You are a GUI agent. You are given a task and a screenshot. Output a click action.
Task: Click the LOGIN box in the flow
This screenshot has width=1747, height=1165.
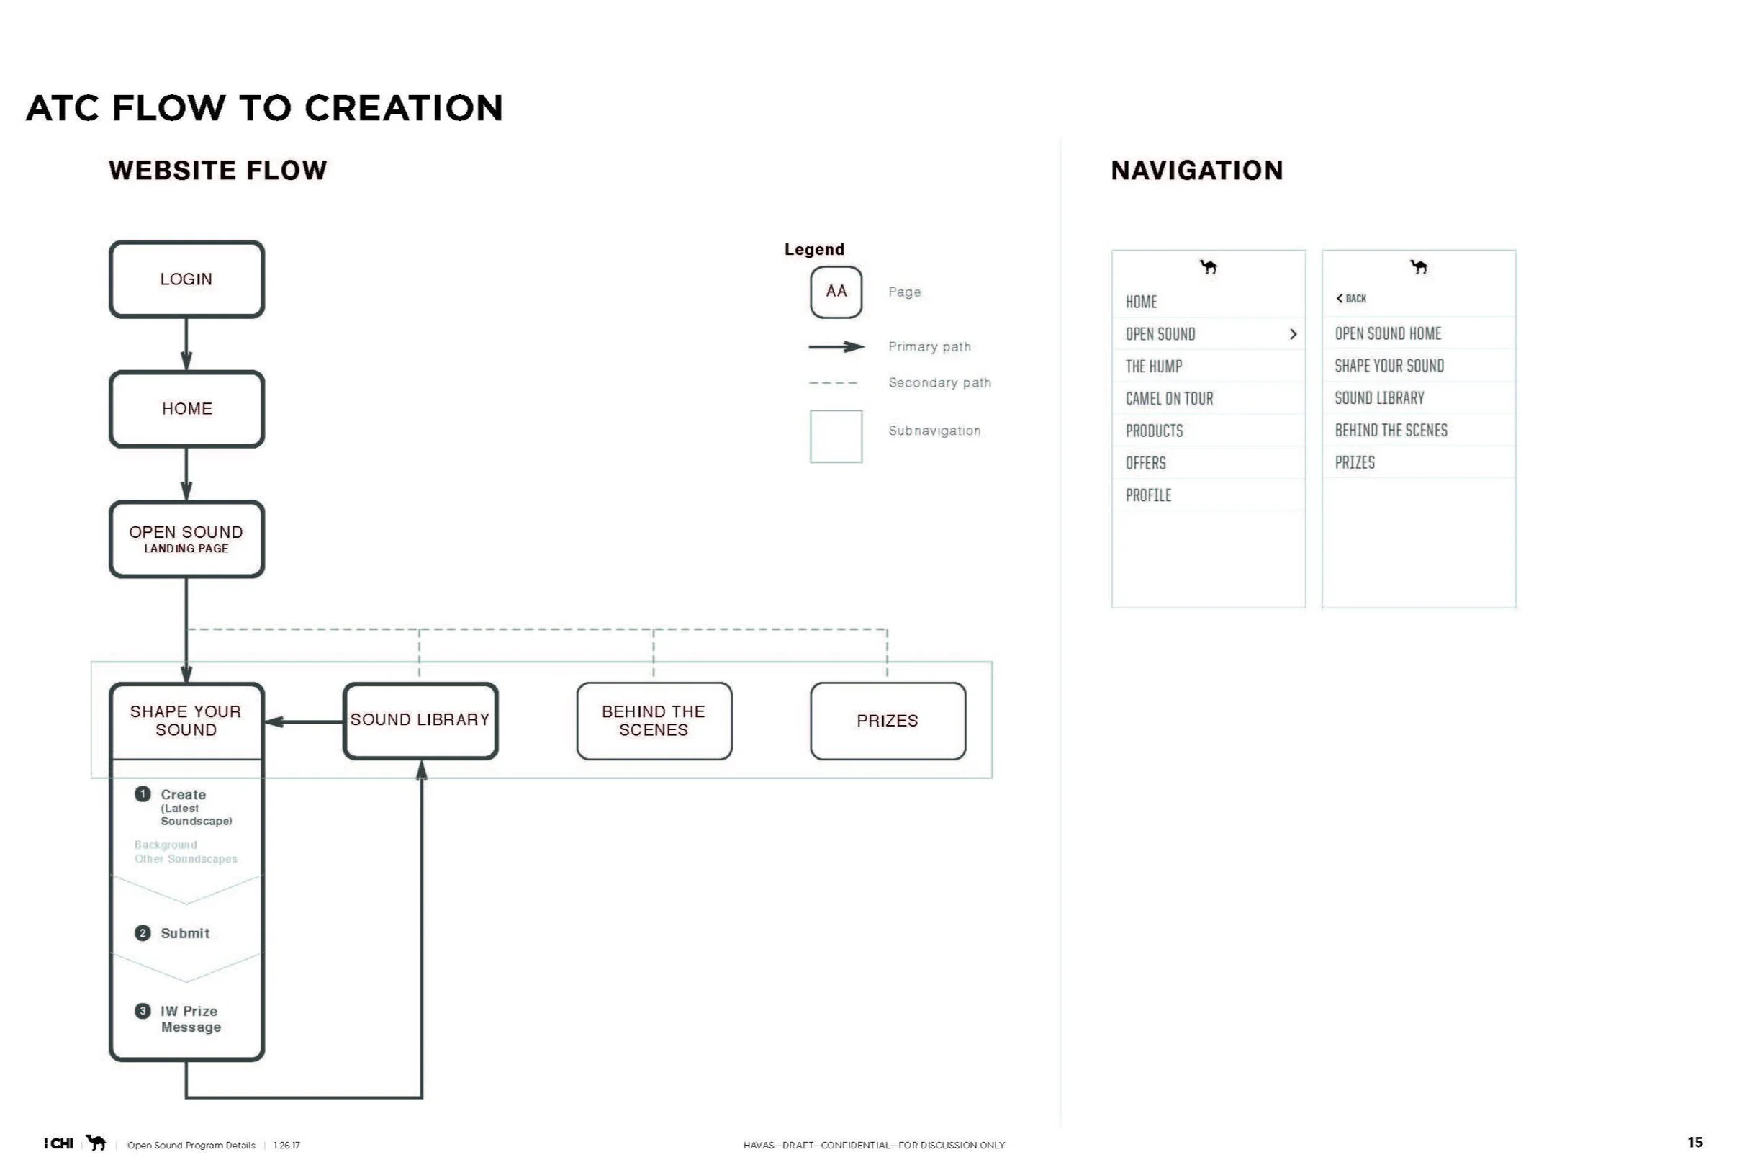186,279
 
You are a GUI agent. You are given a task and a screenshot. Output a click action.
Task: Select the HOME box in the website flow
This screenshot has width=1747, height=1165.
186,409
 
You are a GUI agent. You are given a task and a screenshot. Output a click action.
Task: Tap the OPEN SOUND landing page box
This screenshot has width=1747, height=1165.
186,539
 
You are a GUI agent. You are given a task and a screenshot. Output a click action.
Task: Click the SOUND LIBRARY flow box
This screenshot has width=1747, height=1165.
420,721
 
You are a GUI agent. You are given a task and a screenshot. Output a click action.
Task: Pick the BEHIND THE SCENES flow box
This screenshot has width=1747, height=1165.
654,721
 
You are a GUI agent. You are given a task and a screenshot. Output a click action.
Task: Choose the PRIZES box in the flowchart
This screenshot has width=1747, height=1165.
888,721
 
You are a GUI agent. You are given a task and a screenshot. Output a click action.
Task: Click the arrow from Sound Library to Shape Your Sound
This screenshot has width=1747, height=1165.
304,721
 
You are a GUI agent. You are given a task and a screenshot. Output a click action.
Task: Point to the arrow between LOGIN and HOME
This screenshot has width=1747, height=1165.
186,345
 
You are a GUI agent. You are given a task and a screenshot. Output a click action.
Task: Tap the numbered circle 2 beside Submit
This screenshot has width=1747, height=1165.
143,933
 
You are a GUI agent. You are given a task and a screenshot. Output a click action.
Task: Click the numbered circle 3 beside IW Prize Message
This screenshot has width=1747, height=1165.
143,1011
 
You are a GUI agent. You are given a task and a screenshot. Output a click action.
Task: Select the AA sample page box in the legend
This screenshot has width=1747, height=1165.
836,292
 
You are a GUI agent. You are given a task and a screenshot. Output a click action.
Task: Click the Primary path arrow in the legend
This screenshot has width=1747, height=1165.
837,347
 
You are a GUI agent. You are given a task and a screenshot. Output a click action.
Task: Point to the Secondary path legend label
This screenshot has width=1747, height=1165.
939,382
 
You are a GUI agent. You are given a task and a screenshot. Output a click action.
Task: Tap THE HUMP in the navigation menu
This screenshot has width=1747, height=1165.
1154,366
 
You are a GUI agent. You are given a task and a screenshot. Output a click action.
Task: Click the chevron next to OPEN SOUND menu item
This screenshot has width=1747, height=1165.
1294,334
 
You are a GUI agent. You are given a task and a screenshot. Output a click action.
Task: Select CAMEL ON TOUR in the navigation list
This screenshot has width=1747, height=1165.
1169,399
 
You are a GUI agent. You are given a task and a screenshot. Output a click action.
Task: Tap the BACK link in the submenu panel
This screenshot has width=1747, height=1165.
1351,299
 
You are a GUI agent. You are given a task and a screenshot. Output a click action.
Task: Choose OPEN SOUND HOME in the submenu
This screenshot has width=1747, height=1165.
1388,333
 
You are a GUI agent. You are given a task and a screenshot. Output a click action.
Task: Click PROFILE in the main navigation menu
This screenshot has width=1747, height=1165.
1148,495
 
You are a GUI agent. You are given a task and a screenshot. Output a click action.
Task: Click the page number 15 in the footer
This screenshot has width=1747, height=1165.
1695,1142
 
